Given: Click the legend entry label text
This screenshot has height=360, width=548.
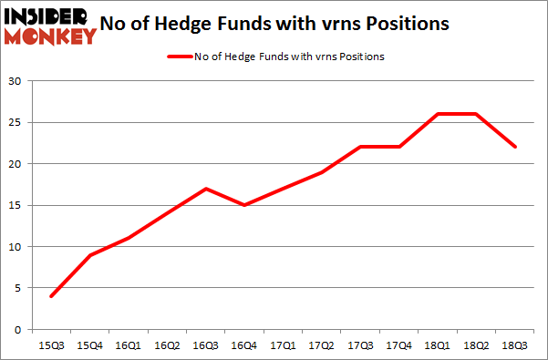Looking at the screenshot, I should [288, 57].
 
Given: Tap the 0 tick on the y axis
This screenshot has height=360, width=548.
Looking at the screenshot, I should [17, 329].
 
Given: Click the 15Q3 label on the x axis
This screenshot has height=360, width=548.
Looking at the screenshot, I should [52, 345].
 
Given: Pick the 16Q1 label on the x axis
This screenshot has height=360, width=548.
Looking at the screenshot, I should [129, 345].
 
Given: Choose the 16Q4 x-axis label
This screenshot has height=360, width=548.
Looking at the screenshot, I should [244, 345].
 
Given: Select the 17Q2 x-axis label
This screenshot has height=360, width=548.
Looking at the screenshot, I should [322, 345].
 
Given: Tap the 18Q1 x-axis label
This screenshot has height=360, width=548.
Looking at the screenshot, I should [437, 345].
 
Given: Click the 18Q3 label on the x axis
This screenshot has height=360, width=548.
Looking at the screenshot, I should [514, 345].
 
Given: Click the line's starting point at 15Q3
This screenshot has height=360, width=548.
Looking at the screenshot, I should [52, 296].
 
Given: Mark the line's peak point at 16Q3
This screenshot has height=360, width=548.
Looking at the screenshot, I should [206, 189].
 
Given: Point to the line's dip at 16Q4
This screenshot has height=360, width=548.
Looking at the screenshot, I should [244, 205].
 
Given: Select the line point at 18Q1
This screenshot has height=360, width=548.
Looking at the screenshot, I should [437, 114].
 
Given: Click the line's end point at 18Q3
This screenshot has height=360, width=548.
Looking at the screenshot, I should [514, 147].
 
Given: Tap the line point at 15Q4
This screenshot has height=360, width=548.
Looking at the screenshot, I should [90, 254].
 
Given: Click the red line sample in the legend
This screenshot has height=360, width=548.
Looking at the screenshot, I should [178, 57].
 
